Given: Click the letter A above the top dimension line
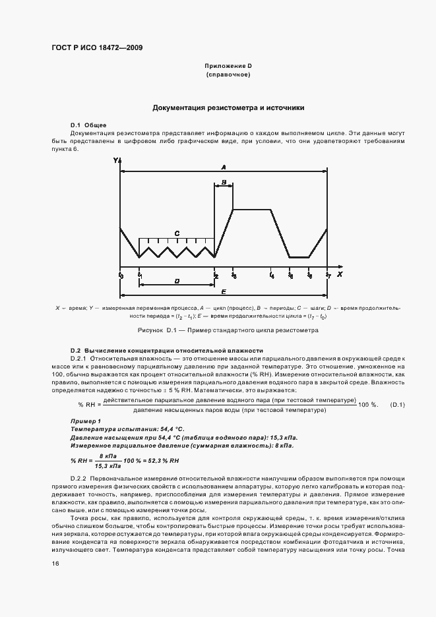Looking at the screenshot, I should (x=224, y=166).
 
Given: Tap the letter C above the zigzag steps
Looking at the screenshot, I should (x=177, y=233).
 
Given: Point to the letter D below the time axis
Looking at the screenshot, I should (x=177, y=281).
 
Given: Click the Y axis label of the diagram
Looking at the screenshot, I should (x=115, y=161).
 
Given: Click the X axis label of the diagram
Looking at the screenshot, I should (x=340, y=273).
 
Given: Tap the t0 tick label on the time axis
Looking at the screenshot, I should (x=121, y=275).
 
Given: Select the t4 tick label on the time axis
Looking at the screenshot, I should (x=272, y=275).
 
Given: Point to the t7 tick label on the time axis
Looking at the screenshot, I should (x=328, y=275).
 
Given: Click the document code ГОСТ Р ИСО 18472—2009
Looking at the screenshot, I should (x=96, y=48).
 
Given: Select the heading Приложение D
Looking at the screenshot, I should (x=228, y=67).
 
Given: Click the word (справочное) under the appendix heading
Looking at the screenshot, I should (x=228, y=75).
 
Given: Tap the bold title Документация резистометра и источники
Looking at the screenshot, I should (x=228, y=107).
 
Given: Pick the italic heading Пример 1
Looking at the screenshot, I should (x=85, y=421).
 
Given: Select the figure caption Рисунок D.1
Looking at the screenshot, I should (x=228, y=330).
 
